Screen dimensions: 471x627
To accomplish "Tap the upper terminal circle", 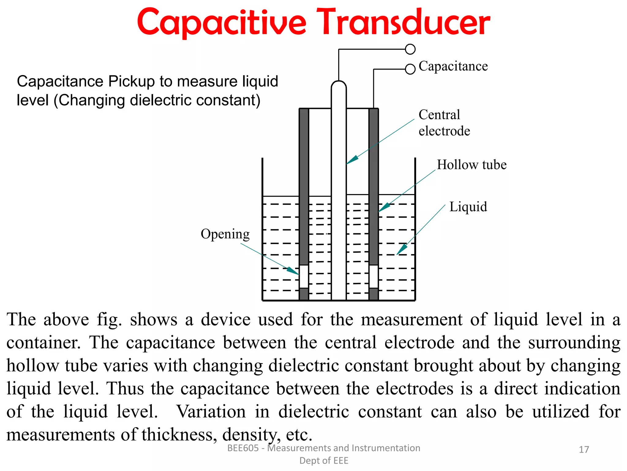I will coord(410,49).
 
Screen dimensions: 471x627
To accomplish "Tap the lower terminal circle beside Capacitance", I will coord(410,69).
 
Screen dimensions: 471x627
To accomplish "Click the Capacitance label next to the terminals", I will coord(453,66).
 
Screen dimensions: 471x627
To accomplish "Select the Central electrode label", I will coord(444,123).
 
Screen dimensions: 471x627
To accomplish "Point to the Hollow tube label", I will coord(471,165).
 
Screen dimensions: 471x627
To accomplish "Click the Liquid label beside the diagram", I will coord(468,207).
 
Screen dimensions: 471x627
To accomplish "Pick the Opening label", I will coord(225,234).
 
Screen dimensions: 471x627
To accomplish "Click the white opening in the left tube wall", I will coord(304,276).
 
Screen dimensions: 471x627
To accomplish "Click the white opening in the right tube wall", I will coord(374,276).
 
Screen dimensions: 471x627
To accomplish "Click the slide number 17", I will coord(584,450).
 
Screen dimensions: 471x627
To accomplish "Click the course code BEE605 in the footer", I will coord(243,448).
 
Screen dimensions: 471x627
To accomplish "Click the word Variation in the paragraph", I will coord(211,412).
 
